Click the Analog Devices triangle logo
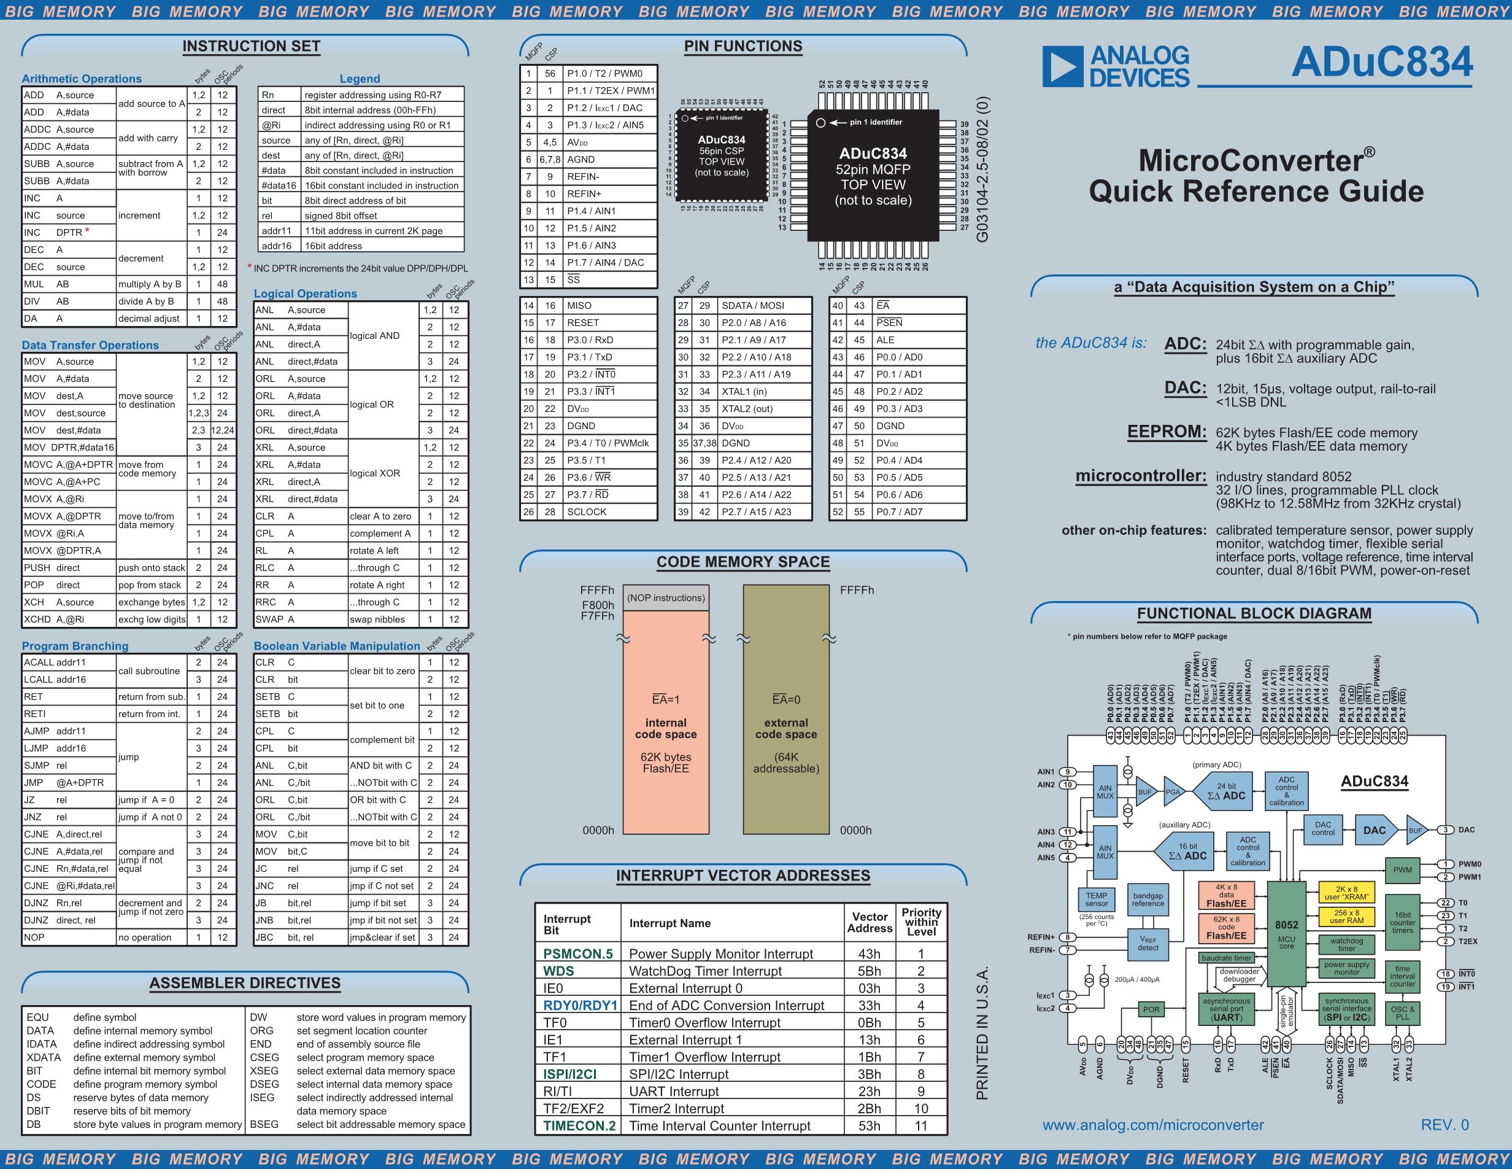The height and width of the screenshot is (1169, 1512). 1062,67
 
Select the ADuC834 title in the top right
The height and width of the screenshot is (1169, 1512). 1382,63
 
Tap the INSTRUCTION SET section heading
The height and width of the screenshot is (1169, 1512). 252,47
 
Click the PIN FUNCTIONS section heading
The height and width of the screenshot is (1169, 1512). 743,47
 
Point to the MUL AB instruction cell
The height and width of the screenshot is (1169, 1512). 47,284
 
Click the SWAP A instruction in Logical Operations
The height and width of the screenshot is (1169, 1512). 275,619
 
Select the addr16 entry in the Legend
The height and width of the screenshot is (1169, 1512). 277,246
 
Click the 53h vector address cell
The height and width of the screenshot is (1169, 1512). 869,1125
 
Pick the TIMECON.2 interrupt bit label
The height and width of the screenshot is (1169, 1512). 579,1125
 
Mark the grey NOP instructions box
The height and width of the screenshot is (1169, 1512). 665,597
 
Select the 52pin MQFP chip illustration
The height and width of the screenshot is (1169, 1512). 873,177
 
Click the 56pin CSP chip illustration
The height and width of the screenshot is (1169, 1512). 722,156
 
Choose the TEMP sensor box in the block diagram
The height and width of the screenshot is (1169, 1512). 1096,899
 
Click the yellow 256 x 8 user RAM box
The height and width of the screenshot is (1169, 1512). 1346,916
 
